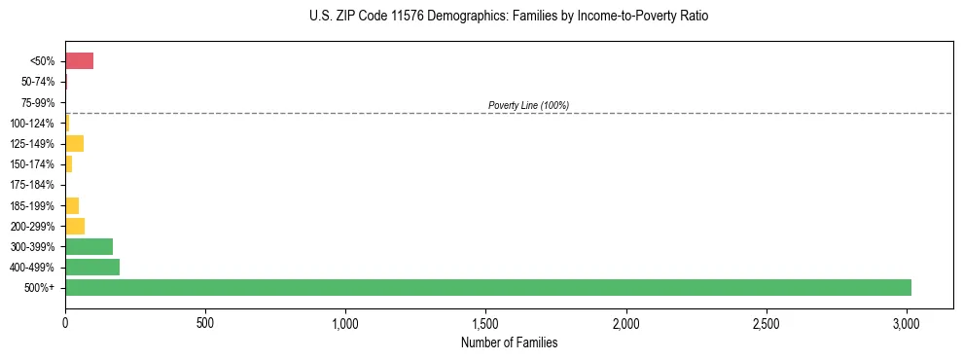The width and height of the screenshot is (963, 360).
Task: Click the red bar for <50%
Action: (x=79, y=61)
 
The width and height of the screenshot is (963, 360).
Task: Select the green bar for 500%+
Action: (x=487, y=287)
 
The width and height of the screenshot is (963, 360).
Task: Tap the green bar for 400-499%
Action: (x=91, y=267)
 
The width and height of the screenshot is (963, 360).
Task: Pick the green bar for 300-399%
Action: (x=89, y=246)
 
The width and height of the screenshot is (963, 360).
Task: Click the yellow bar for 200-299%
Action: (x=75, y=226)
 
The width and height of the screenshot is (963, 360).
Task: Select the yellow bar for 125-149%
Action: (x=74, y=144)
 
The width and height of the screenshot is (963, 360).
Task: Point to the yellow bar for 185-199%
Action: (x=72, y=205)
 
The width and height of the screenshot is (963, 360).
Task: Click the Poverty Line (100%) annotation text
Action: (x=528, y=105)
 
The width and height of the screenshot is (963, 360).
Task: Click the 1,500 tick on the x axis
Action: (x=485, y=322)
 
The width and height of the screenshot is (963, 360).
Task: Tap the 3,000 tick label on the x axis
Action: (x=907, y=322)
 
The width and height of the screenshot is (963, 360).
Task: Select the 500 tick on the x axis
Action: (x=205, y=322)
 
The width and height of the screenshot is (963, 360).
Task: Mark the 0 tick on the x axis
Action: (x=65, y=322)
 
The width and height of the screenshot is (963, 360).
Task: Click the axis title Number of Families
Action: (x=509, y=342)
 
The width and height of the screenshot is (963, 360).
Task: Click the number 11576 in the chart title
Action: (x=372, y=17)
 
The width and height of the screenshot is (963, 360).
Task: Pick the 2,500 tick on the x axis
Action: (x=767, y=322)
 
